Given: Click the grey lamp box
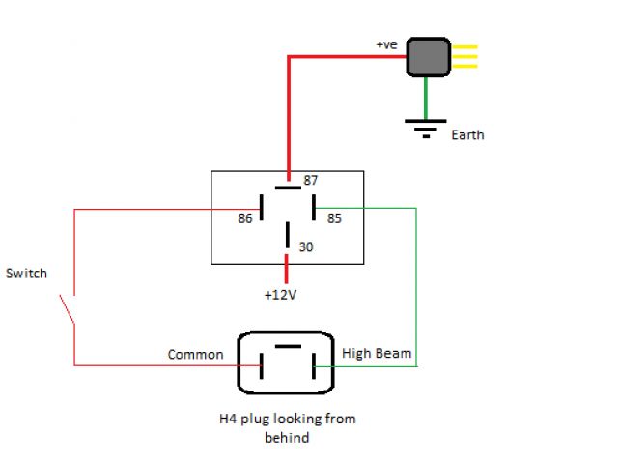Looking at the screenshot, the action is (429, 57).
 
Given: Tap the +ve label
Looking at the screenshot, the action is (386, 44).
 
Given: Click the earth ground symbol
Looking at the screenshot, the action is (426, 129).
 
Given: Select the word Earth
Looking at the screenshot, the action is (467, 135).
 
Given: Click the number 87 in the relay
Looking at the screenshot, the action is (311, 180).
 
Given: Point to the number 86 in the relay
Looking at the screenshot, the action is (244, 218).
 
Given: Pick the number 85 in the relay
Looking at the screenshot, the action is (334, 218).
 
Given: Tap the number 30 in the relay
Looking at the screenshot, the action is (306, 247).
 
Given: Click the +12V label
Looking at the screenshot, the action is (280, 295).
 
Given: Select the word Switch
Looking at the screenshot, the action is (26, 273).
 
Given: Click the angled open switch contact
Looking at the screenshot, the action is (67, 309).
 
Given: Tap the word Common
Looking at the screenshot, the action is (195, 355).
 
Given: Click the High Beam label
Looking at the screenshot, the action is (377, 353).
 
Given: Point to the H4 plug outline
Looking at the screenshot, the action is (239, 363).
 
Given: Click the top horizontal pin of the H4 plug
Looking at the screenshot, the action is (288, 346).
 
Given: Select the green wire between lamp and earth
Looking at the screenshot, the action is (426, 99).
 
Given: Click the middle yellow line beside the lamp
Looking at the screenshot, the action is (464, 56).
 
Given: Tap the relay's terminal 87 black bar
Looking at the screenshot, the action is (288, 188).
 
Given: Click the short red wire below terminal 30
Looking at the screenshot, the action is (287, 269).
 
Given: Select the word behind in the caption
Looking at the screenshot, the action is (287, 438).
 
